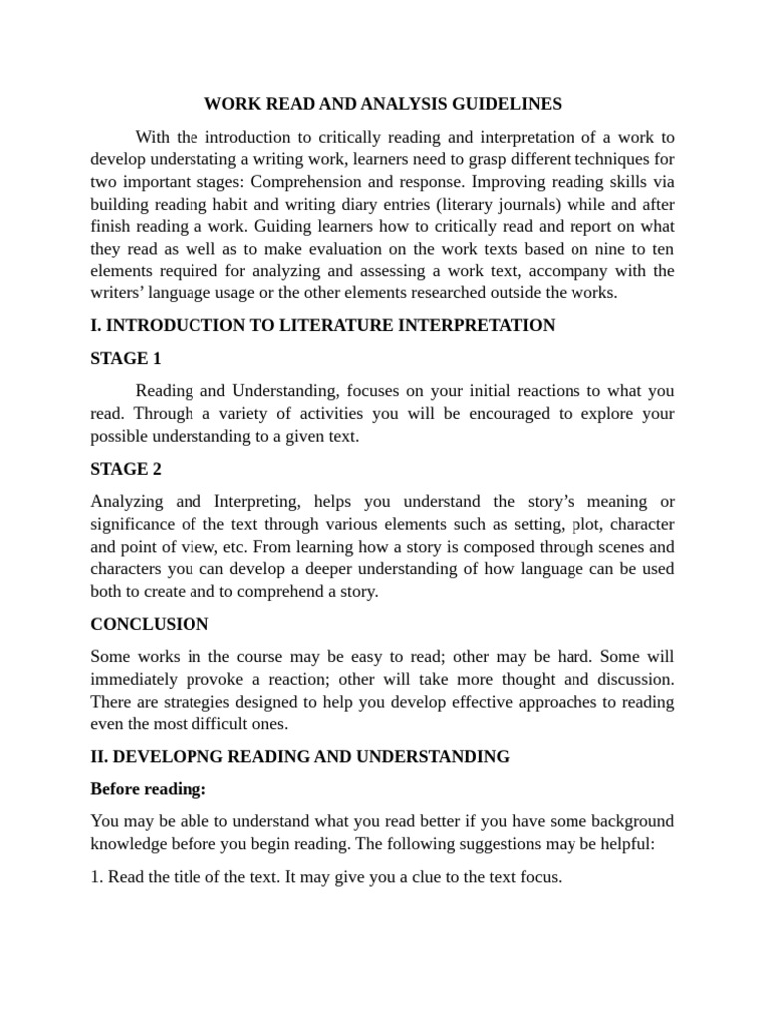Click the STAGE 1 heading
coord(125,358)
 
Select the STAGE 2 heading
coord(125,469)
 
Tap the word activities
coord(332,413)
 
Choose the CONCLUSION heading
coord(149,624)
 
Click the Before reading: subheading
coord(148,789)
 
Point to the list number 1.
coord(95,877)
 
